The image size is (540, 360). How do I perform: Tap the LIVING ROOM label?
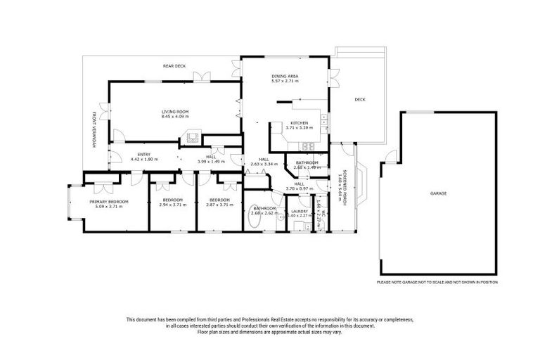pyautogui.click(x=174, y=111)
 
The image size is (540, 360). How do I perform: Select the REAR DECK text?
pyautogui.click(x=174, y=66)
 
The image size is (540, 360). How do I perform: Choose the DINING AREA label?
pyautogui.click(x=285, y=76)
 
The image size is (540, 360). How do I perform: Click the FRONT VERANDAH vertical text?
pyautogui.click(x=94, y=129)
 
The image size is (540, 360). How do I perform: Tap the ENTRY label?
pyautogui.click(x=144, y=155)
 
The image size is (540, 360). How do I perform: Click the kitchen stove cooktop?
pyautogui.click(x=307, y=147)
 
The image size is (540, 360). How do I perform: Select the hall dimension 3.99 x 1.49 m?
pyautogui.click(x=210, y=161)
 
